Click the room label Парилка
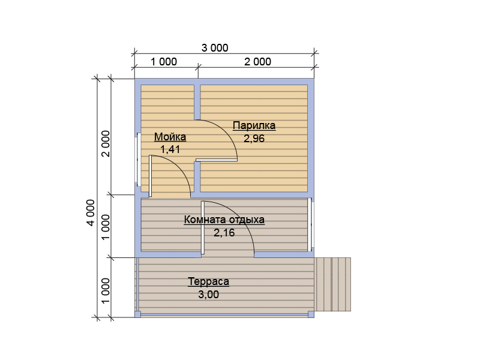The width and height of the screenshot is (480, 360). tap(254, 126)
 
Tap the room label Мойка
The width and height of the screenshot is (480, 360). tap(170, 137)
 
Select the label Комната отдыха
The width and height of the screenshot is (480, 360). tap(224, 220)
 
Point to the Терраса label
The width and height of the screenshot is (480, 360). tap(208, 281)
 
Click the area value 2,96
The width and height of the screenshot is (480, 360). tap(254, 139)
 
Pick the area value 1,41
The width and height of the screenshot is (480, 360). tap(170, 149)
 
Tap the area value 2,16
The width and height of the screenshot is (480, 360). tap(224, 233)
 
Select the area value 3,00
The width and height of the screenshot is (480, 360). tap(208, 295)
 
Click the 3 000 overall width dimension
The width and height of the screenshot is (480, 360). tap(215, 48)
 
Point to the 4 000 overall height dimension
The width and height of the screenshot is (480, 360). tap(91, 213)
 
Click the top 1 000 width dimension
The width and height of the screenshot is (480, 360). tap(164, 62)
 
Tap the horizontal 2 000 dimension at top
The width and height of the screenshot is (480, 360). tap(257, 62)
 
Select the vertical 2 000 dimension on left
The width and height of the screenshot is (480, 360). tap(106, 143)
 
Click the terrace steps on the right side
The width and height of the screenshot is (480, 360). tap(333, 284)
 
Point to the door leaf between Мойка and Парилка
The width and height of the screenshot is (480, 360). tap(217, 160)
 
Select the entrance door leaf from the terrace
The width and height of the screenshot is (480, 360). tap(203, 227)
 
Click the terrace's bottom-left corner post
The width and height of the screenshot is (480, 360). tap(138, 314)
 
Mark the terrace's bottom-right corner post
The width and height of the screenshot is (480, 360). tap(311, 314)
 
